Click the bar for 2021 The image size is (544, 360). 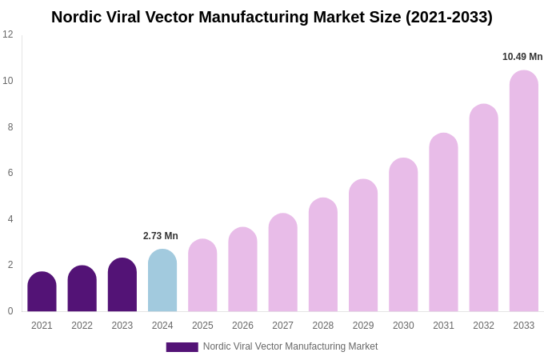click(x=42, y=292)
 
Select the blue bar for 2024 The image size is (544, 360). click(x=162, y=281)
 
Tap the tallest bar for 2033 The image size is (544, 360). click(x=524, y=191)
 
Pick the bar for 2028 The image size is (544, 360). click(x=323, y=255)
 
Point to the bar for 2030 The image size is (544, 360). click(x=403, y=235)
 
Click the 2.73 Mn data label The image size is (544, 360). click(x=161, y=236)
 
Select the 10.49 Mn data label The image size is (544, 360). click(x=522, y=57)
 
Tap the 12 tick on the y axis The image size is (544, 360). click(x=8, y=34)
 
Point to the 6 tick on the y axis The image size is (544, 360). click(x=10, y=173)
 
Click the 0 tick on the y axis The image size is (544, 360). click(x=10, y=311)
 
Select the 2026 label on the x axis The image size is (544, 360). click(x=242, y=326)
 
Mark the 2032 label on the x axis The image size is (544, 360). click(x=483, y=326)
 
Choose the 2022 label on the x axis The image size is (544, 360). click(x=82, y=326)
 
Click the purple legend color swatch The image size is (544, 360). click(x=182, y=347)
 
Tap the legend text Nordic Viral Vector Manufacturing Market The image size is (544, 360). click(x=290, y=346)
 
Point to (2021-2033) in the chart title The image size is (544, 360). click(x=449, y=17)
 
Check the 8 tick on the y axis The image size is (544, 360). click(x=10, y=127)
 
